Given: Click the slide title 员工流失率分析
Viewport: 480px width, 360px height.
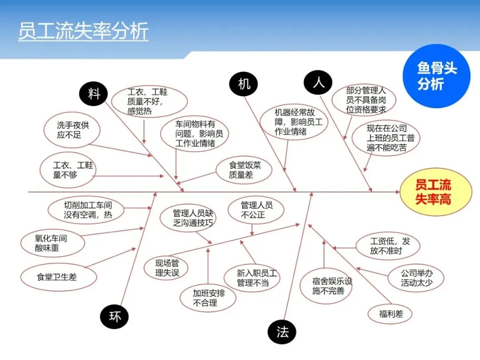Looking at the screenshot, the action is click(83, 32).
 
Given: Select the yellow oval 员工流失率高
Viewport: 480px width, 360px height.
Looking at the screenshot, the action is click(436, 192).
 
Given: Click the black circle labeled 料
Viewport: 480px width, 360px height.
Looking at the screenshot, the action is click(94, 94).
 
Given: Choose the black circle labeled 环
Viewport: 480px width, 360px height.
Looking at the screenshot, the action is click(115, 317).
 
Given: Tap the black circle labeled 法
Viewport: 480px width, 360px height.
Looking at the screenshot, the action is click(282, 332).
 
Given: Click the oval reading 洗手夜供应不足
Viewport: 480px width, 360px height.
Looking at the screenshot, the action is click(72, 130).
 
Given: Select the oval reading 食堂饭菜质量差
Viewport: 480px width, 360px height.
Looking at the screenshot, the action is click(244, 170).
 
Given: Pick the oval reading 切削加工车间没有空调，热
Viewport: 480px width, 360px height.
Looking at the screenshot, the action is click(87, 210).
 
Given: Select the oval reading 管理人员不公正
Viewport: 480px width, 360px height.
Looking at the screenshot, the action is click(256, 210).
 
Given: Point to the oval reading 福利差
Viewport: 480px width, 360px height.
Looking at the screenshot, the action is click(391, 314).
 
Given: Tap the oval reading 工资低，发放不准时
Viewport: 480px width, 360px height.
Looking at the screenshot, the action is click(388, 246).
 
